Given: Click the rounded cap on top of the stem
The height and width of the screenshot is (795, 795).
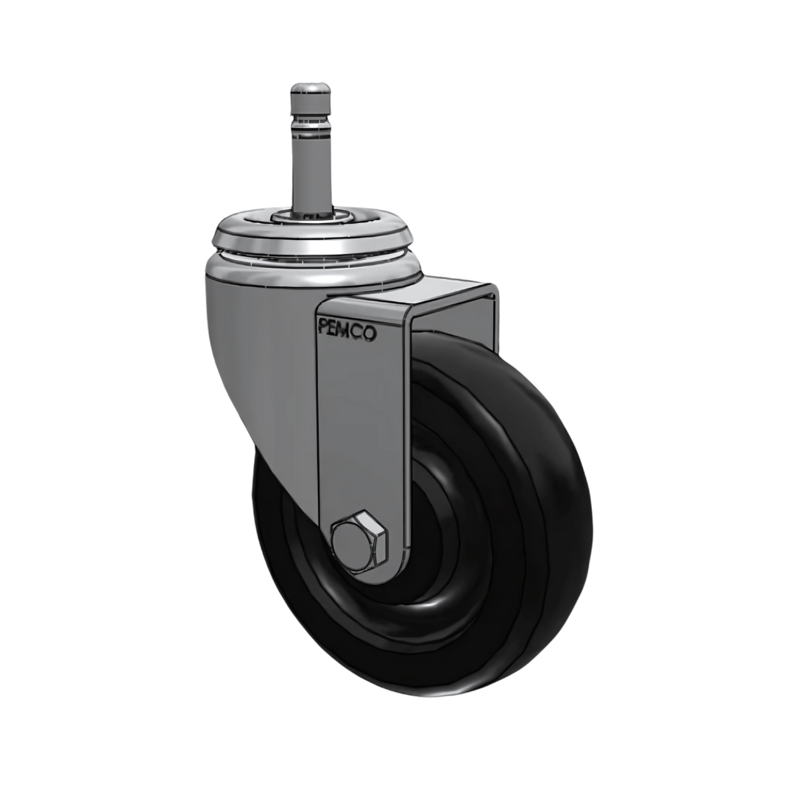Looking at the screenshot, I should [311, 93].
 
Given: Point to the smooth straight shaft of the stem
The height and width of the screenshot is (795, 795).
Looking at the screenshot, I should [311, 169].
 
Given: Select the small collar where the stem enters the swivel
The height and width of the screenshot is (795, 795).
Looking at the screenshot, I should [311, 214].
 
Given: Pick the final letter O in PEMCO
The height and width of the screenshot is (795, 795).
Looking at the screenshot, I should [370, 333].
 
